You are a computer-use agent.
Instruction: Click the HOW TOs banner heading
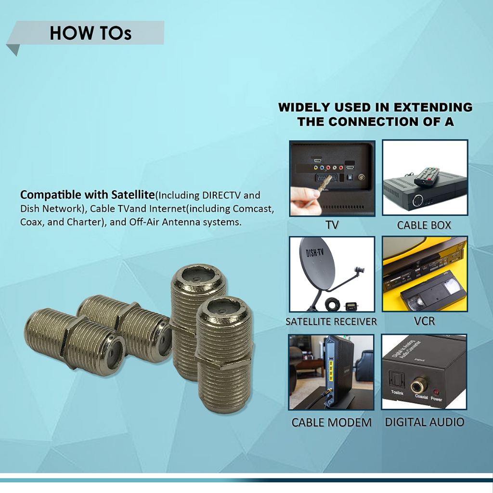click(x=91, y=33)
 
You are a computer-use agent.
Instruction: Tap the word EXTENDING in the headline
click(x=433, y=107)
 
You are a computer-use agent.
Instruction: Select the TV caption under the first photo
click(x=332, y=225)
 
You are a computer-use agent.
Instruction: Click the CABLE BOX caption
click(x=424, y=225)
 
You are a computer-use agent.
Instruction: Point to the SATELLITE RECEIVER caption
click(x=331, y=322)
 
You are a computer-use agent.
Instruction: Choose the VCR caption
click(x=425, y=321)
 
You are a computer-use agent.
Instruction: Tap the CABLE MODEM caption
click(x=331, y=422)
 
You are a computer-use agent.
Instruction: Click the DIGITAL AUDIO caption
click(x=425, y=422)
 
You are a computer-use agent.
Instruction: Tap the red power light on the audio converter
click(x=436, y=392)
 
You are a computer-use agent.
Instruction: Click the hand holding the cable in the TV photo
click(x=305, y=200)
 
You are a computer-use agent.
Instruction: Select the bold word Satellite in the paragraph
click(x=133, y=195)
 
